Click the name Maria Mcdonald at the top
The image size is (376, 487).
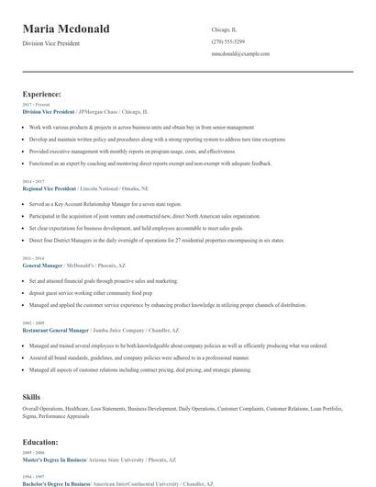(x=66, y=28)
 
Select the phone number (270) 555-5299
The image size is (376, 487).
(x=227, y=41)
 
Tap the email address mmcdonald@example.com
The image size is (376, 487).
(x=240, y=54)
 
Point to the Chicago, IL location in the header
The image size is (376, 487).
(x=225, y=28)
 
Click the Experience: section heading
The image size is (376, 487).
(x=42, y=94)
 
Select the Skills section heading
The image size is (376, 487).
(x=32, y=396)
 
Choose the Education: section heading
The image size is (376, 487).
(x=41, y=442)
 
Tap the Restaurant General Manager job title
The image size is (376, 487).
(x=56, y=329)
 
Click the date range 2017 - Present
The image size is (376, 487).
(x=36, y=105)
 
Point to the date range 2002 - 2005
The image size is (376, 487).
(x=32, y=323)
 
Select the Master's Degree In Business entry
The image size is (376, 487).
(x=54, y=459)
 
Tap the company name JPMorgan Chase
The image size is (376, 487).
(x=98, y=111)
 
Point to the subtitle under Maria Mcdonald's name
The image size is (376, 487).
(x=52, y=44)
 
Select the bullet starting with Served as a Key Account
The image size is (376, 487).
(x=105, y=204)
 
